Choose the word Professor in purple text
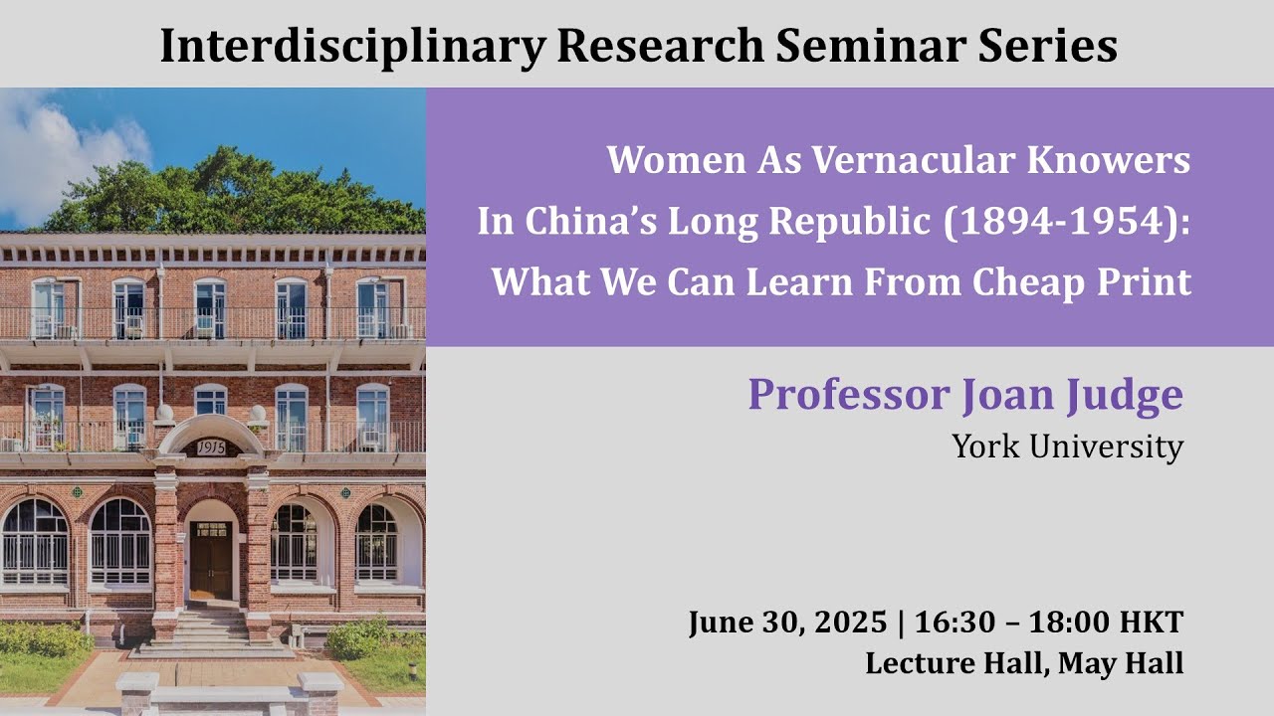[x=850, y=395]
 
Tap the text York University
[x=1067, y=447]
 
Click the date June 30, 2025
[x=786, y=624]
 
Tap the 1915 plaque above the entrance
[x=210, y=447]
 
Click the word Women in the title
[x=658, y=159]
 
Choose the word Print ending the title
[x=1145, y=281]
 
